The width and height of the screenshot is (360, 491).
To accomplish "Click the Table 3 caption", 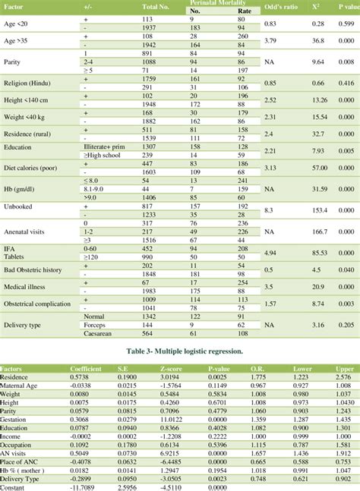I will point(180,352).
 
